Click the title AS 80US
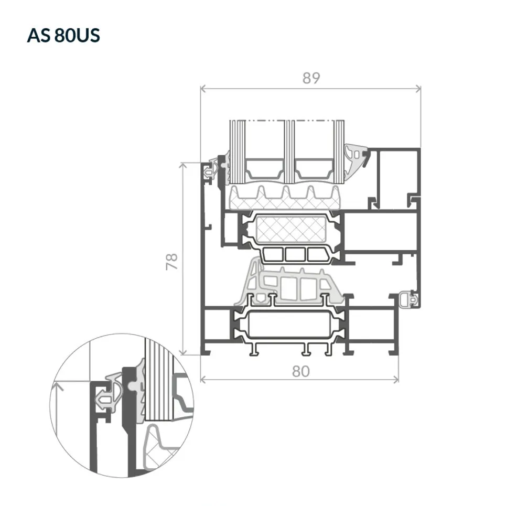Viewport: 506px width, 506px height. pyautogui.click(x=63, y=35)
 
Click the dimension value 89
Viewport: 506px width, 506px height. pyautogui.click(x=311, y=78)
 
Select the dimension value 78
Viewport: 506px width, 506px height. pyautogui.click(x=172, y=261)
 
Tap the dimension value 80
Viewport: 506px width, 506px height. pyautogui.click(x=301, y=371)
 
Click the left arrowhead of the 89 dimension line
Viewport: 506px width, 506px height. pyautogui.click(x=203, y=89)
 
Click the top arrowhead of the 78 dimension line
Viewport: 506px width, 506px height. pyautogui.click(x=184, y=166)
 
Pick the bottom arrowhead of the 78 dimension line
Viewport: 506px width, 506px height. pyautogui.click(x=184, y=352)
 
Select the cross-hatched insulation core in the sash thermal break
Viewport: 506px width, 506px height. pyautogui.click(x=290, y=230)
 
